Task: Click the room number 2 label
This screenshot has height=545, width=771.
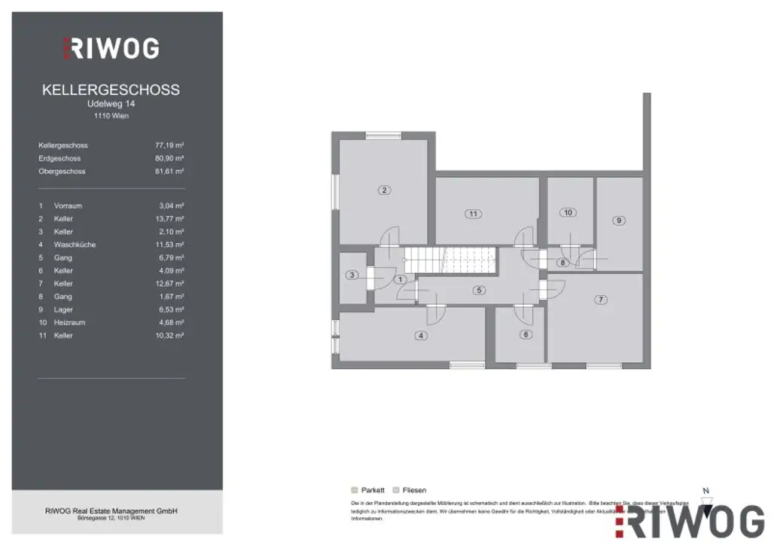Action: coord(384,190)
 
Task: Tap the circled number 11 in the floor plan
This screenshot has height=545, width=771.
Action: coord(473,214)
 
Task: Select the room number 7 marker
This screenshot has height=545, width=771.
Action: coord(600,300)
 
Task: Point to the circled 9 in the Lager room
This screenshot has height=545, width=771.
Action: coord(618,221)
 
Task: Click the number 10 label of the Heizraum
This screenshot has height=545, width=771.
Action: coord(568,212)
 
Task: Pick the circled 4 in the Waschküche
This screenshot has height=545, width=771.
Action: coord(422,336)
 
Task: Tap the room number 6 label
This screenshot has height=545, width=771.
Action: coord(526,335)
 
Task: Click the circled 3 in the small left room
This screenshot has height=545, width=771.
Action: coord(352,275)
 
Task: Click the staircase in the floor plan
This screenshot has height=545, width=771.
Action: coord(449,260)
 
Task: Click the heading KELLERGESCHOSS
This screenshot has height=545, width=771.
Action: coord(111,90)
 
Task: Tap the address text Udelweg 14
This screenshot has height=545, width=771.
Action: coord(111,104)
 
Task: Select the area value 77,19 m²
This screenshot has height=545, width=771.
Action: coord(169,145)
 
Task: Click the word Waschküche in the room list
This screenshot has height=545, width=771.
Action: coord(75,245)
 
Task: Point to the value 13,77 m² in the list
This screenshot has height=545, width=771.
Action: coord(169,218)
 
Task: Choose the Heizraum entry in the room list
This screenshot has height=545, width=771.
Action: coord(69,322)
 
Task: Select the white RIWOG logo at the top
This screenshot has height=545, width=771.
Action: coord(111,48)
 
